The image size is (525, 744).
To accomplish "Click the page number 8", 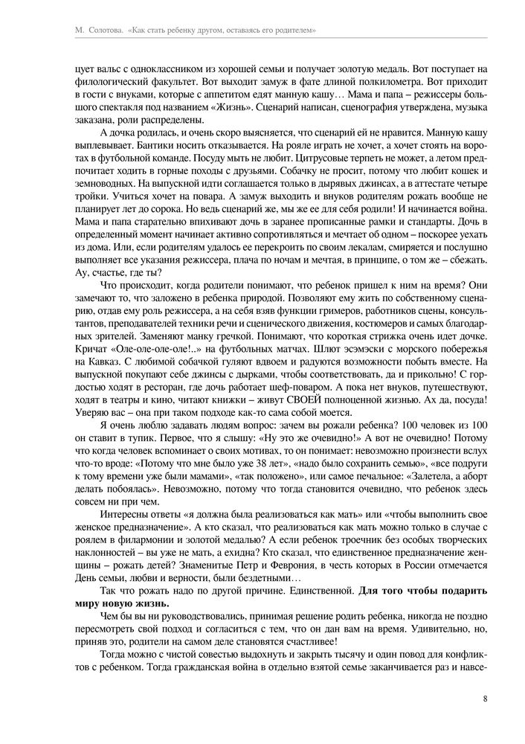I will (x=485, y=698).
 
